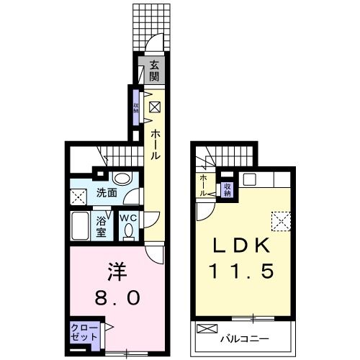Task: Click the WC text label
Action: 127,218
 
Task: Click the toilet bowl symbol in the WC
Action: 128,232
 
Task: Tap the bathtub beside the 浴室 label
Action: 81,226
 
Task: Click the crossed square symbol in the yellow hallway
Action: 154,109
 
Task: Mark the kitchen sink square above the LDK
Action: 250,179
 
